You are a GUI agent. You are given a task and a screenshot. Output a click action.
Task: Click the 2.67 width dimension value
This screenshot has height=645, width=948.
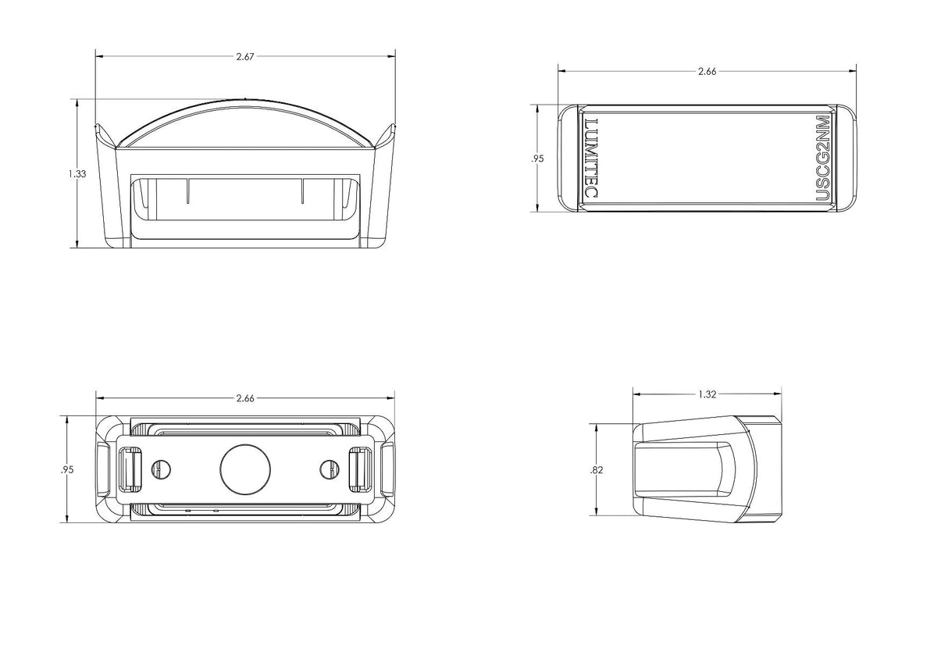(x=245, y=57)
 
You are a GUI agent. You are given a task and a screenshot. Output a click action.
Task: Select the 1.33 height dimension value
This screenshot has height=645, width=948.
(x=77, y=173)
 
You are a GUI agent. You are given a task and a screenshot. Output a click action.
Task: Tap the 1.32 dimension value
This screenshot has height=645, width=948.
(x=707, y=394)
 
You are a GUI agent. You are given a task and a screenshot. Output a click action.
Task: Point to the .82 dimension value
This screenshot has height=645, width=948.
(x=596, y=470)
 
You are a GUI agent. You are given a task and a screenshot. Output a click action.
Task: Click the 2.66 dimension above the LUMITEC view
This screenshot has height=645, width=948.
(x=707, y=72)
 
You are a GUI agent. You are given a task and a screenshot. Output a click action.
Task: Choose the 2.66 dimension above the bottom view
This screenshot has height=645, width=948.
(x=245, y=398)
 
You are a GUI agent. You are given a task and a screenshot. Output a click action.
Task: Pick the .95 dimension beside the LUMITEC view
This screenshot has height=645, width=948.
(x=537, y=159)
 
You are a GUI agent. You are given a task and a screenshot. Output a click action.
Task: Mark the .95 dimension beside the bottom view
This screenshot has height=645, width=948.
(x=67, y=469)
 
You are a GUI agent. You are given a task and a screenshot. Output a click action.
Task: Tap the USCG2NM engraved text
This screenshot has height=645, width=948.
(x=822, y=158)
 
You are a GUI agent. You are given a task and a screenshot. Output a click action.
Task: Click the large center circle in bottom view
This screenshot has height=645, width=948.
(x=245, y=469)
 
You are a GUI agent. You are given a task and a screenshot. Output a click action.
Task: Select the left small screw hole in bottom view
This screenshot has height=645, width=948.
(x=161, y=469)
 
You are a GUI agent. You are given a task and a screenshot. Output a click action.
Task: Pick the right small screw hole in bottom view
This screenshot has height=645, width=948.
(x=330, y=469)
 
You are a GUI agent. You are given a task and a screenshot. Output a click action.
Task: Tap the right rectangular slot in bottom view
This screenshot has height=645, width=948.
(x=361, y=469)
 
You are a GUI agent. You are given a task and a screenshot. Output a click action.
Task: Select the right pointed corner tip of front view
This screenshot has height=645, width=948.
(x=394, y=124)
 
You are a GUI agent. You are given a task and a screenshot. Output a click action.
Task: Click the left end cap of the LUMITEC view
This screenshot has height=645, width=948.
(x=568, y=159)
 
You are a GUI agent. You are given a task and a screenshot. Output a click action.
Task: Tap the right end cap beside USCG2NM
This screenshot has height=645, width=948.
(x=846, y=159)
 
